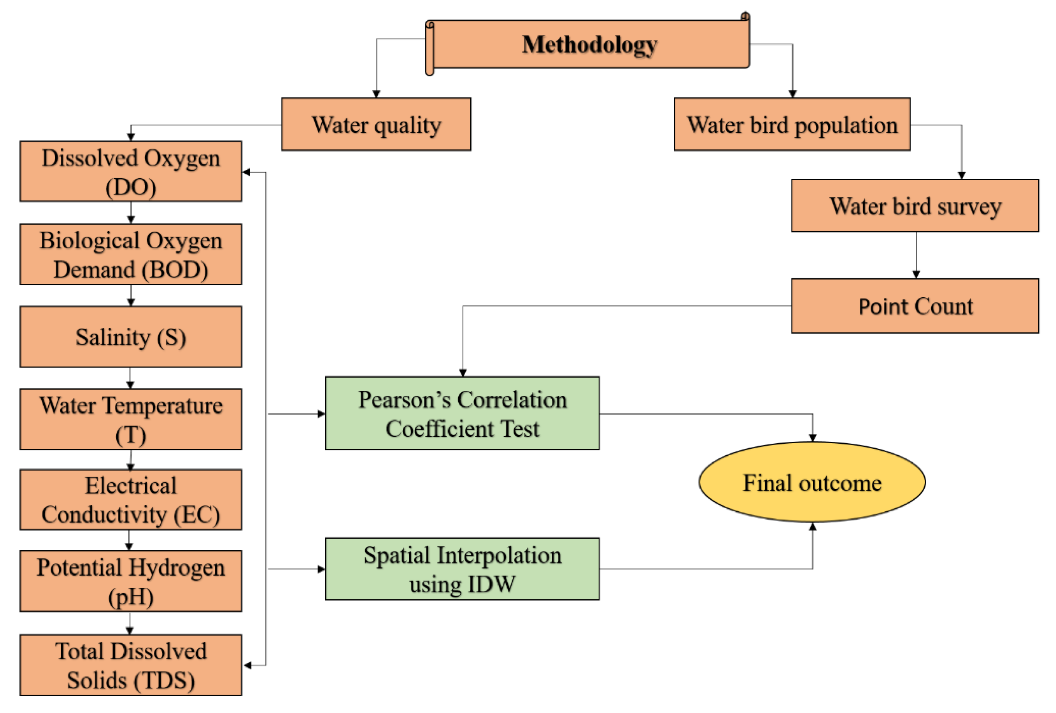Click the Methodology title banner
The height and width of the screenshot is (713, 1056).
pyautogui.click(x=589, y=44)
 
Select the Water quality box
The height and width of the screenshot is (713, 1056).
pyautogui.click(x=376, y=124)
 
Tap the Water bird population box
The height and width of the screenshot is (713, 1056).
pyautogui.click(x=792, y=124)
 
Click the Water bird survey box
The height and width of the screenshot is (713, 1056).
pyautogui.click(x=915, y=205)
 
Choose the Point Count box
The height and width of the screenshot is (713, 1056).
pyautogui.click(x=915, y=306)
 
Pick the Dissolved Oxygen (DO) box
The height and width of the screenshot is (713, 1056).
pyautogui.click(x=131, y=172)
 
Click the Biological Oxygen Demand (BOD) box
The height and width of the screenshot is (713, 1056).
pyautogui.click(x=131, y=254)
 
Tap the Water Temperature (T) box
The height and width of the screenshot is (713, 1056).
pyautogui.click(x=131, y=419)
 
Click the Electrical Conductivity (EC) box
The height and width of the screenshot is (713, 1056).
pyautogui.click(x=131, y=500)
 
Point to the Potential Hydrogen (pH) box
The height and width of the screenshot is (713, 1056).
pyautogui.click(x=131, y=581)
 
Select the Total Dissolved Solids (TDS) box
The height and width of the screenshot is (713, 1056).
pyautogui.click(x=131, y=665)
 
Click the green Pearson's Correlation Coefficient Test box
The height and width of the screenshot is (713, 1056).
pyautogui.click(x=462, y=414)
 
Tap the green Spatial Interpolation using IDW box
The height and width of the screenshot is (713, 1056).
pyautogui.click(x=462, y=569)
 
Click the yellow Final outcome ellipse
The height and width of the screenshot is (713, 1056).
pyautogui.click(x=812, y=482)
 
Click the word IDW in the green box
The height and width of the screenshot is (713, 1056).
pyautogui.click(x=492, y=584)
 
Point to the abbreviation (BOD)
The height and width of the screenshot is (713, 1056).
pyautogui.click(x=175, y=270)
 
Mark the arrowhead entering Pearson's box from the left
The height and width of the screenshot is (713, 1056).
pyautogui.click(x=322, y=414)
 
